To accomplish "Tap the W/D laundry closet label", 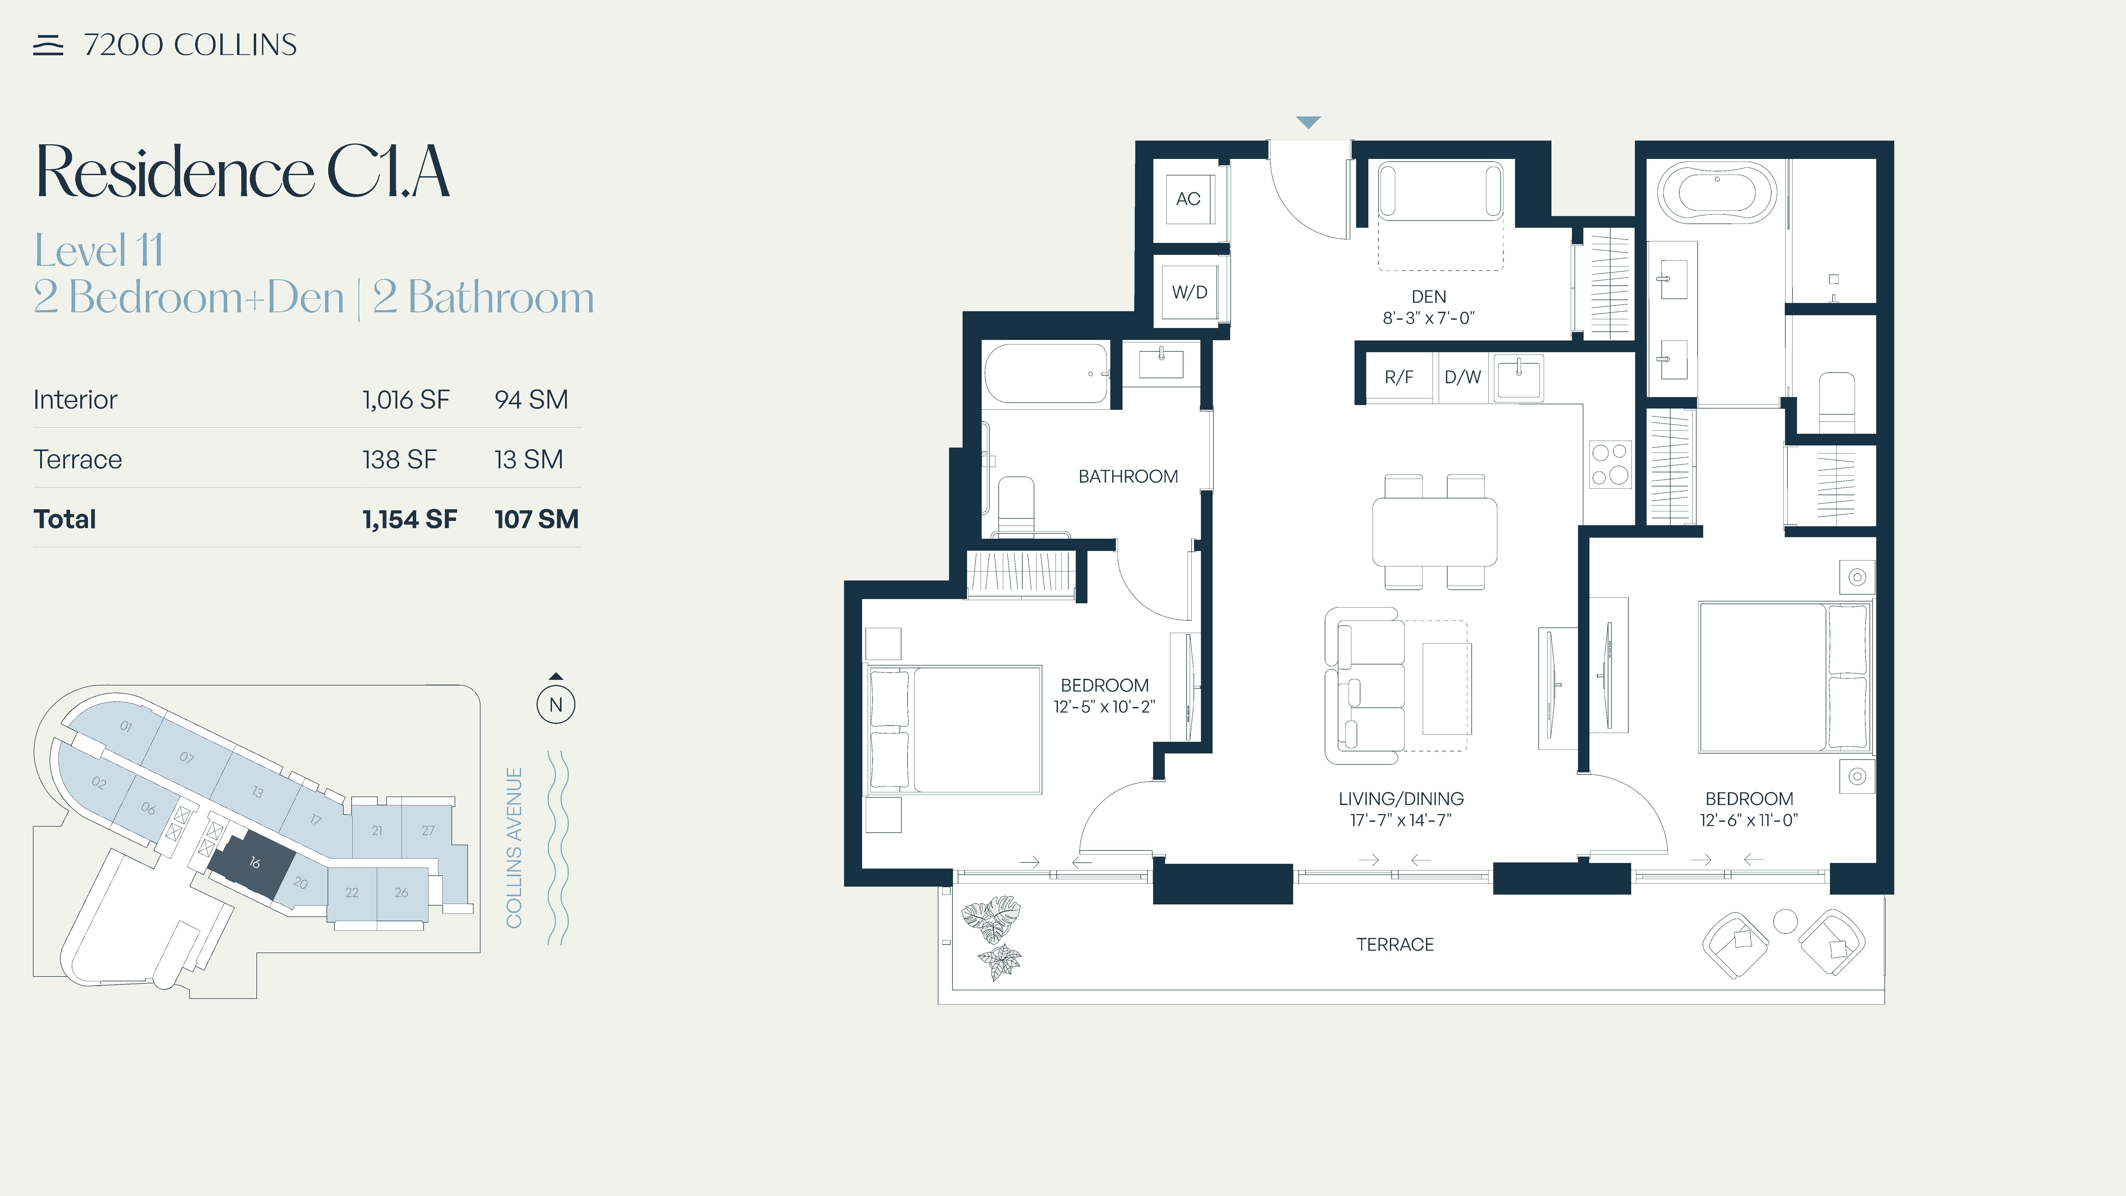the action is [1189, 292].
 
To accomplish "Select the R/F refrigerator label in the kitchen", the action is [1399, 377].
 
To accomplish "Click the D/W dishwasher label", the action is [1462, 377].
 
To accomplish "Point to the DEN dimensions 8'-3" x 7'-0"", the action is [1429, 318].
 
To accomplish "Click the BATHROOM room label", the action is [1128, 476].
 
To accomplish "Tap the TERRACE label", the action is [1395, 944].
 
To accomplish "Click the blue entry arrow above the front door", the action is [1308, 122].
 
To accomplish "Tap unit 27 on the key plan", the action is [428, 830].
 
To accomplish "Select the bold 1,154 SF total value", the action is [409, 519].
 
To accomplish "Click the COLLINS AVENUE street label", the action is [514, 848].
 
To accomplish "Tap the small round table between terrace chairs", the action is [1785, 921].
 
